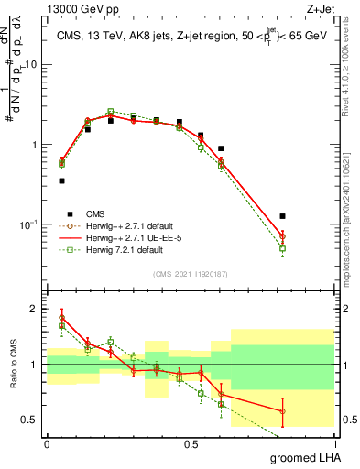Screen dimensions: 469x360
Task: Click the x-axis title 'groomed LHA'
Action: pyautogui.click(x=306, y=457)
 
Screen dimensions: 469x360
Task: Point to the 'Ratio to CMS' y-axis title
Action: pyautogui.click(x=12, y=365)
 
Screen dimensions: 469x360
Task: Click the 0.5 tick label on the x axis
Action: pyautogui.click(x=191, y=442)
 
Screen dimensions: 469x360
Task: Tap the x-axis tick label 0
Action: pyautogui.click(x=47, y=442)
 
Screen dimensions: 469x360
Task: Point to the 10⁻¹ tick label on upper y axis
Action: pyautogui.click(x=29, y=224)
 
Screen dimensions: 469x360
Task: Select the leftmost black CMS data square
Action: pyautogui.click(x=61, y=181)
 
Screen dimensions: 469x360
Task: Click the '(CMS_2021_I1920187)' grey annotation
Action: pyautogui.click(x=190, y=273)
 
